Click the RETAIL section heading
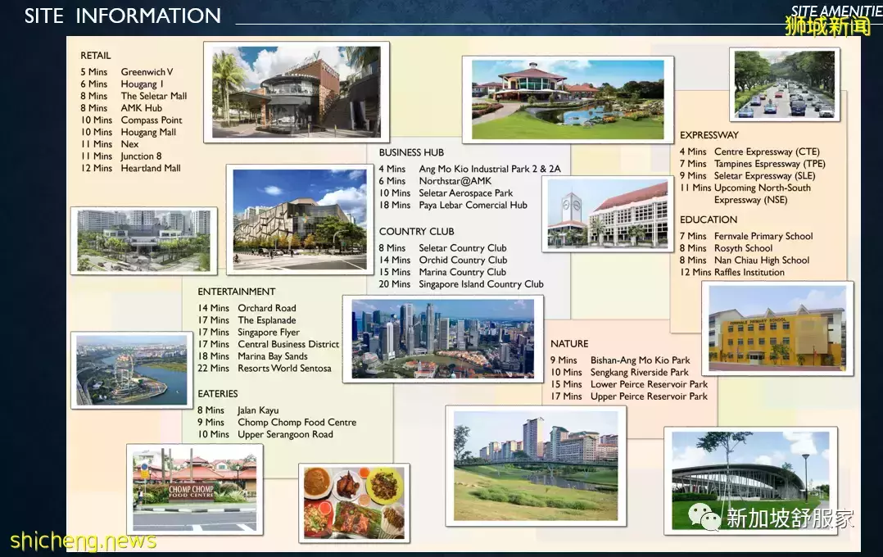[96, 56]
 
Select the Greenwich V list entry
[147, 72]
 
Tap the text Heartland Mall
[151, 169]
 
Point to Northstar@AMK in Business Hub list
[455, 181]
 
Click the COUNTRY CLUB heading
[416, 232]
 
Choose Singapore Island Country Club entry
[481, 284]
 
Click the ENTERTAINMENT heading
[237, 292]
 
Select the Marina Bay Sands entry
[273, 356]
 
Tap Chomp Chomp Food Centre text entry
[297, 423]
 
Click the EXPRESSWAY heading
[709, 135]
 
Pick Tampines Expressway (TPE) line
[770, 164]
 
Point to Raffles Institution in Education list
[749, 273]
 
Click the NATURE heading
[569, 344]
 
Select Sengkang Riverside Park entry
[639, 372]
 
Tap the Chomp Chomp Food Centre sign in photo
[191, 491]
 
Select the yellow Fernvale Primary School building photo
[777, 328]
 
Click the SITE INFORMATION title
[122, 16]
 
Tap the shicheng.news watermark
[83, 541]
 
